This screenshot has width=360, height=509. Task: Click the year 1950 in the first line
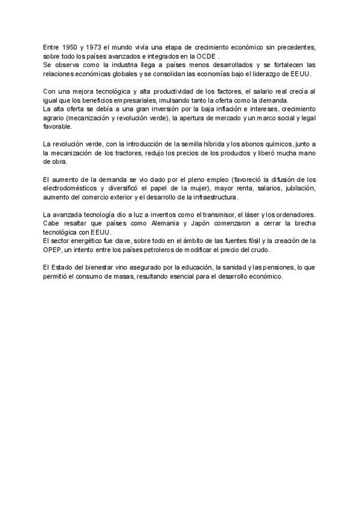point(69,47)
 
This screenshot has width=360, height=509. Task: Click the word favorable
point(58,127)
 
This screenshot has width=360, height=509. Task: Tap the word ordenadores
point(294,215)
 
